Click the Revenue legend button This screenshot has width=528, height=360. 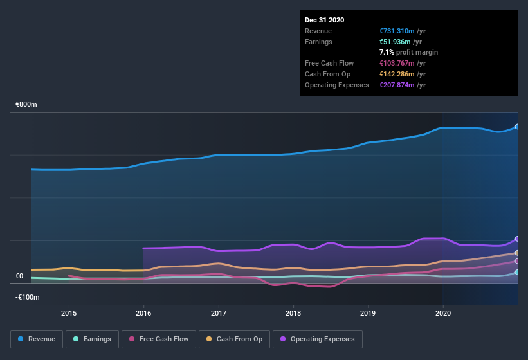37,339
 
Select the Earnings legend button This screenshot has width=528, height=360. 93,339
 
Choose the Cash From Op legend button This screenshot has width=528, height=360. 234,339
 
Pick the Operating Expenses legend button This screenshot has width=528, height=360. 317,339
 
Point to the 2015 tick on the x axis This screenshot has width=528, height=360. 69,313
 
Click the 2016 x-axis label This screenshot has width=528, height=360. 143,313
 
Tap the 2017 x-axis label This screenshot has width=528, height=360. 219,313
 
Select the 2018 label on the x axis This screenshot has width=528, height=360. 293,313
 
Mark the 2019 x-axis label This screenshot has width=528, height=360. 368,313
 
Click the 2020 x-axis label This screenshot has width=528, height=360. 443,313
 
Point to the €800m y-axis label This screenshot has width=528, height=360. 27,104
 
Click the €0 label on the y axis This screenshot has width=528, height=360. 19,276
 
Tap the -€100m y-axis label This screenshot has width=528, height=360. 27,297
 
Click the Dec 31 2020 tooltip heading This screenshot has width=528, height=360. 324,20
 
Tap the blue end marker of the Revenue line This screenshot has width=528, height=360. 517,127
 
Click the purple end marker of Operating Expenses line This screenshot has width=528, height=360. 517,239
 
